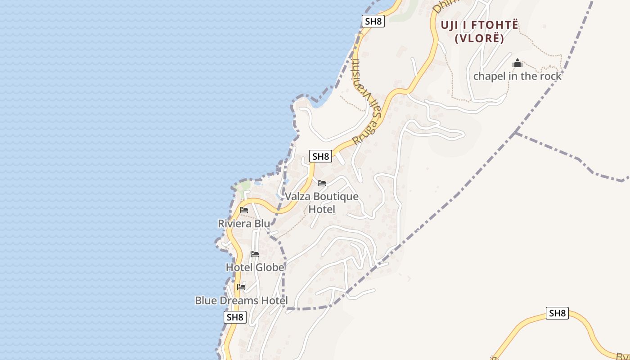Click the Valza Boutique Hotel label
pos(322,202)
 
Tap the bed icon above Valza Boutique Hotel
pos(322,183)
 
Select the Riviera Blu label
pos(244,223)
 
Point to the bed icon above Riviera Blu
pos(244,210)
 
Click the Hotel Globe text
pos(255,267)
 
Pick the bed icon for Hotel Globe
pos(255,254)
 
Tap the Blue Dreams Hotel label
pos(241,300)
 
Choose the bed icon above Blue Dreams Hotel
pos(241,287)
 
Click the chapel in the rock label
pos(517,76)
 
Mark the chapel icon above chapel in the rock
pos(517,63)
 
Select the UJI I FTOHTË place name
pos(479,25)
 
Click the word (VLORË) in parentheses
pos(479,38)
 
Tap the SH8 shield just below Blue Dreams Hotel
pos(235,317)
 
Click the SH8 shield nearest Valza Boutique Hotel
pos(320,157)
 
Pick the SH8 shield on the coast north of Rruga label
pos(373,21)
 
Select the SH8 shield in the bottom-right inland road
pos(557,313)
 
